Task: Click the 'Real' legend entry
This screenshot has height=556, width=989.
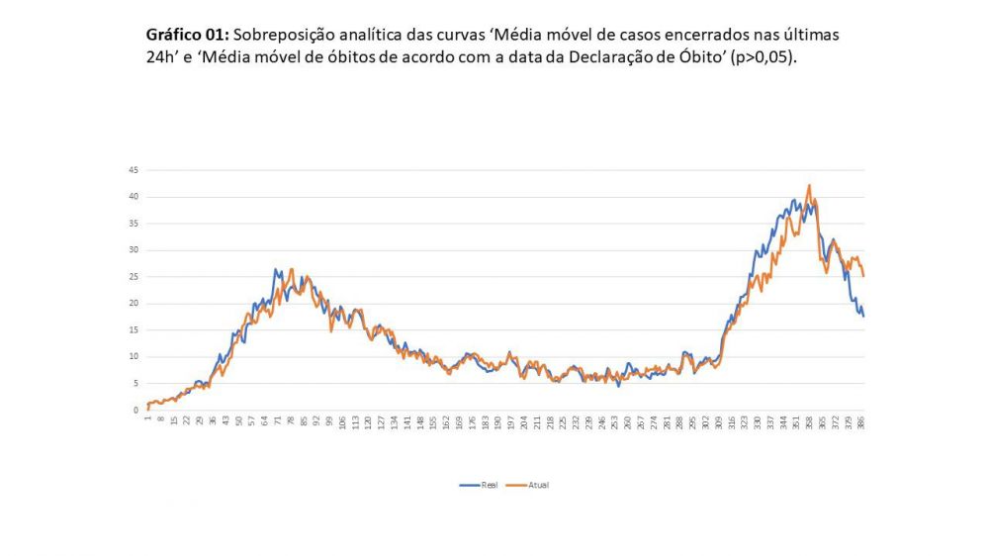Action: pos(476,485)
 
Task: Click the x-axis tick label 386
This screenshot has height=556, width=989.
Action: pos(862,421)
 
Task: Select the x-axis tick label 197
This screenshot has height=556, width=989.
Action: pos(510,421)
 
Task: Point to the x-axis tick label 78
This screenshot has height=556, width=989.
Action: pos(291,421)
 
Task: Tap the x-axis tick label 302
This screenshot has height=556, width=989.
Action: pos(705,421)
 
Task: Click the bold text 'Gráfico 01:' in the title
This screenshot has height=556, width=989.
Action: pos(187,35)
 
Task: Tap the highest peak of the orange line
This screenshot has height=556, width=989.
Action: pos(809,185)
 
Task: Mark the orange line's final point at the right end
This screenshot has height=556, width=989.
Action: pos(863,276)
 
